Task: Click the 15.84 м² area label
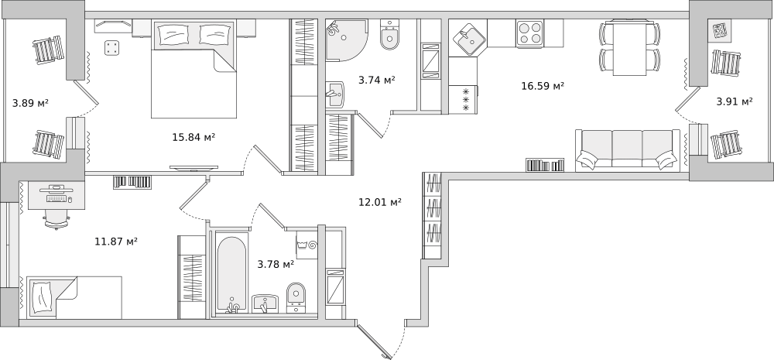tap(193, 137)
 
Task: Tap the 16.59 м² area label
tap(543, 86)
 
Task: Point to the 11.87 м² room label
tap(115, 242)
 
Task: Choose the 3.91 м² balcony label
tap(735, 101)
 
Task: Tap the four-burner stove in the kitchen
tap(530, 33)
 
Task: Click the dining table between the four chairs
tap(629, 48)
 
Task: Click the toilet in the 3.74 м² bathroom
tap(389, 36)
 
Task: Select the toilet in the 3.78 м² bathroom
tap(296, 298)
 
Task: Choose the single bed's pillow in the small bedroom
tap(42, 298)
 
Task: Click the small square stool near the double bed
tap(112, 48)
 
